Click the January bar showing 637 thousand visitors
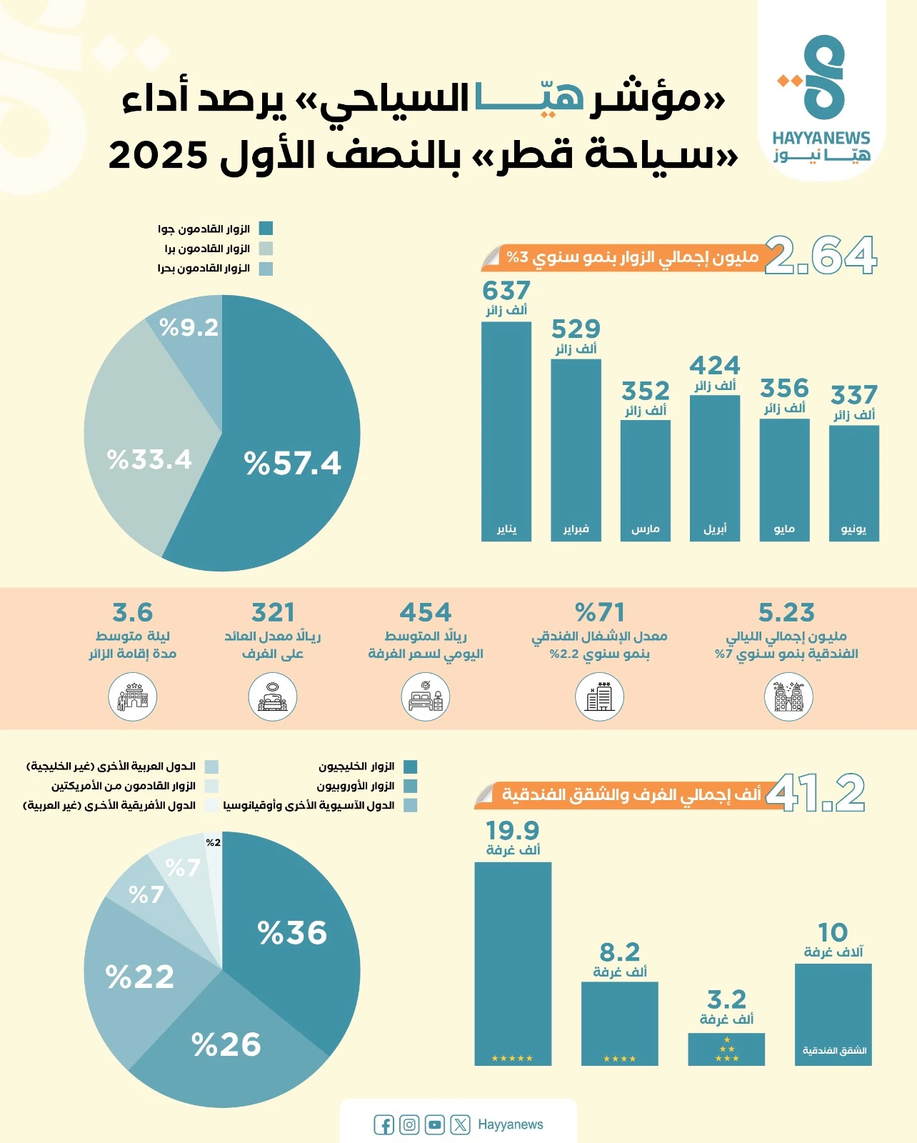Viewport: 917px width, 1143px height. (506, 429)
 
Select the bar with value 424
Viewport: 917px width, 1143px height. (714, 464)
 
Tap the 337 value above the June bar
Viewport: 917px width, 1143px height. (853, 395)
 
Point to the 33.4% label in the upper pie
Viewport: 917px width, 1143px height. (149, 459)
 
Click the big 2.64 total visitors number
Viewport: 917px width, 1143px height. (821, 255)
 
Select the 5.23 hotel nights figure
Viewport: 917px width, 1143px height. (786, 613)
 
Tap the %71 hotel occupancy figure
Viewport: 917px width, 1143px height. (600, 613)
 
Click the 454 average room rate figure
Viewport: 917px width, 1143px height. (426, 613)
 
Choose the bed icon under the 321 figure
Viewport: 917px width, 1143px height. (273, 697)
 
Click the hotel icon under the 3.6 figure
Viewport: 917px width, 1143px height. (133, 697)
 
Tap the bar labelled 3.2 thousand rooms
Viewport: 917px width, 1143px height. (726, 1049)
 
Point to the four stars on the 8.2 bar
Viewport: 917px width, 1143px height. (619, 1059)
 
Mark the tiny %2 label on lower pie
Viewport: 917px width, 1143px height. (213, 843)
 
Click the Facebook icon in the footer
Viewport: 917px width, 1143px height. (384, 1125)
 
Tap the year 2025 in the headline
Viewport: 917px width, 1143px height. (159, 155)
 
